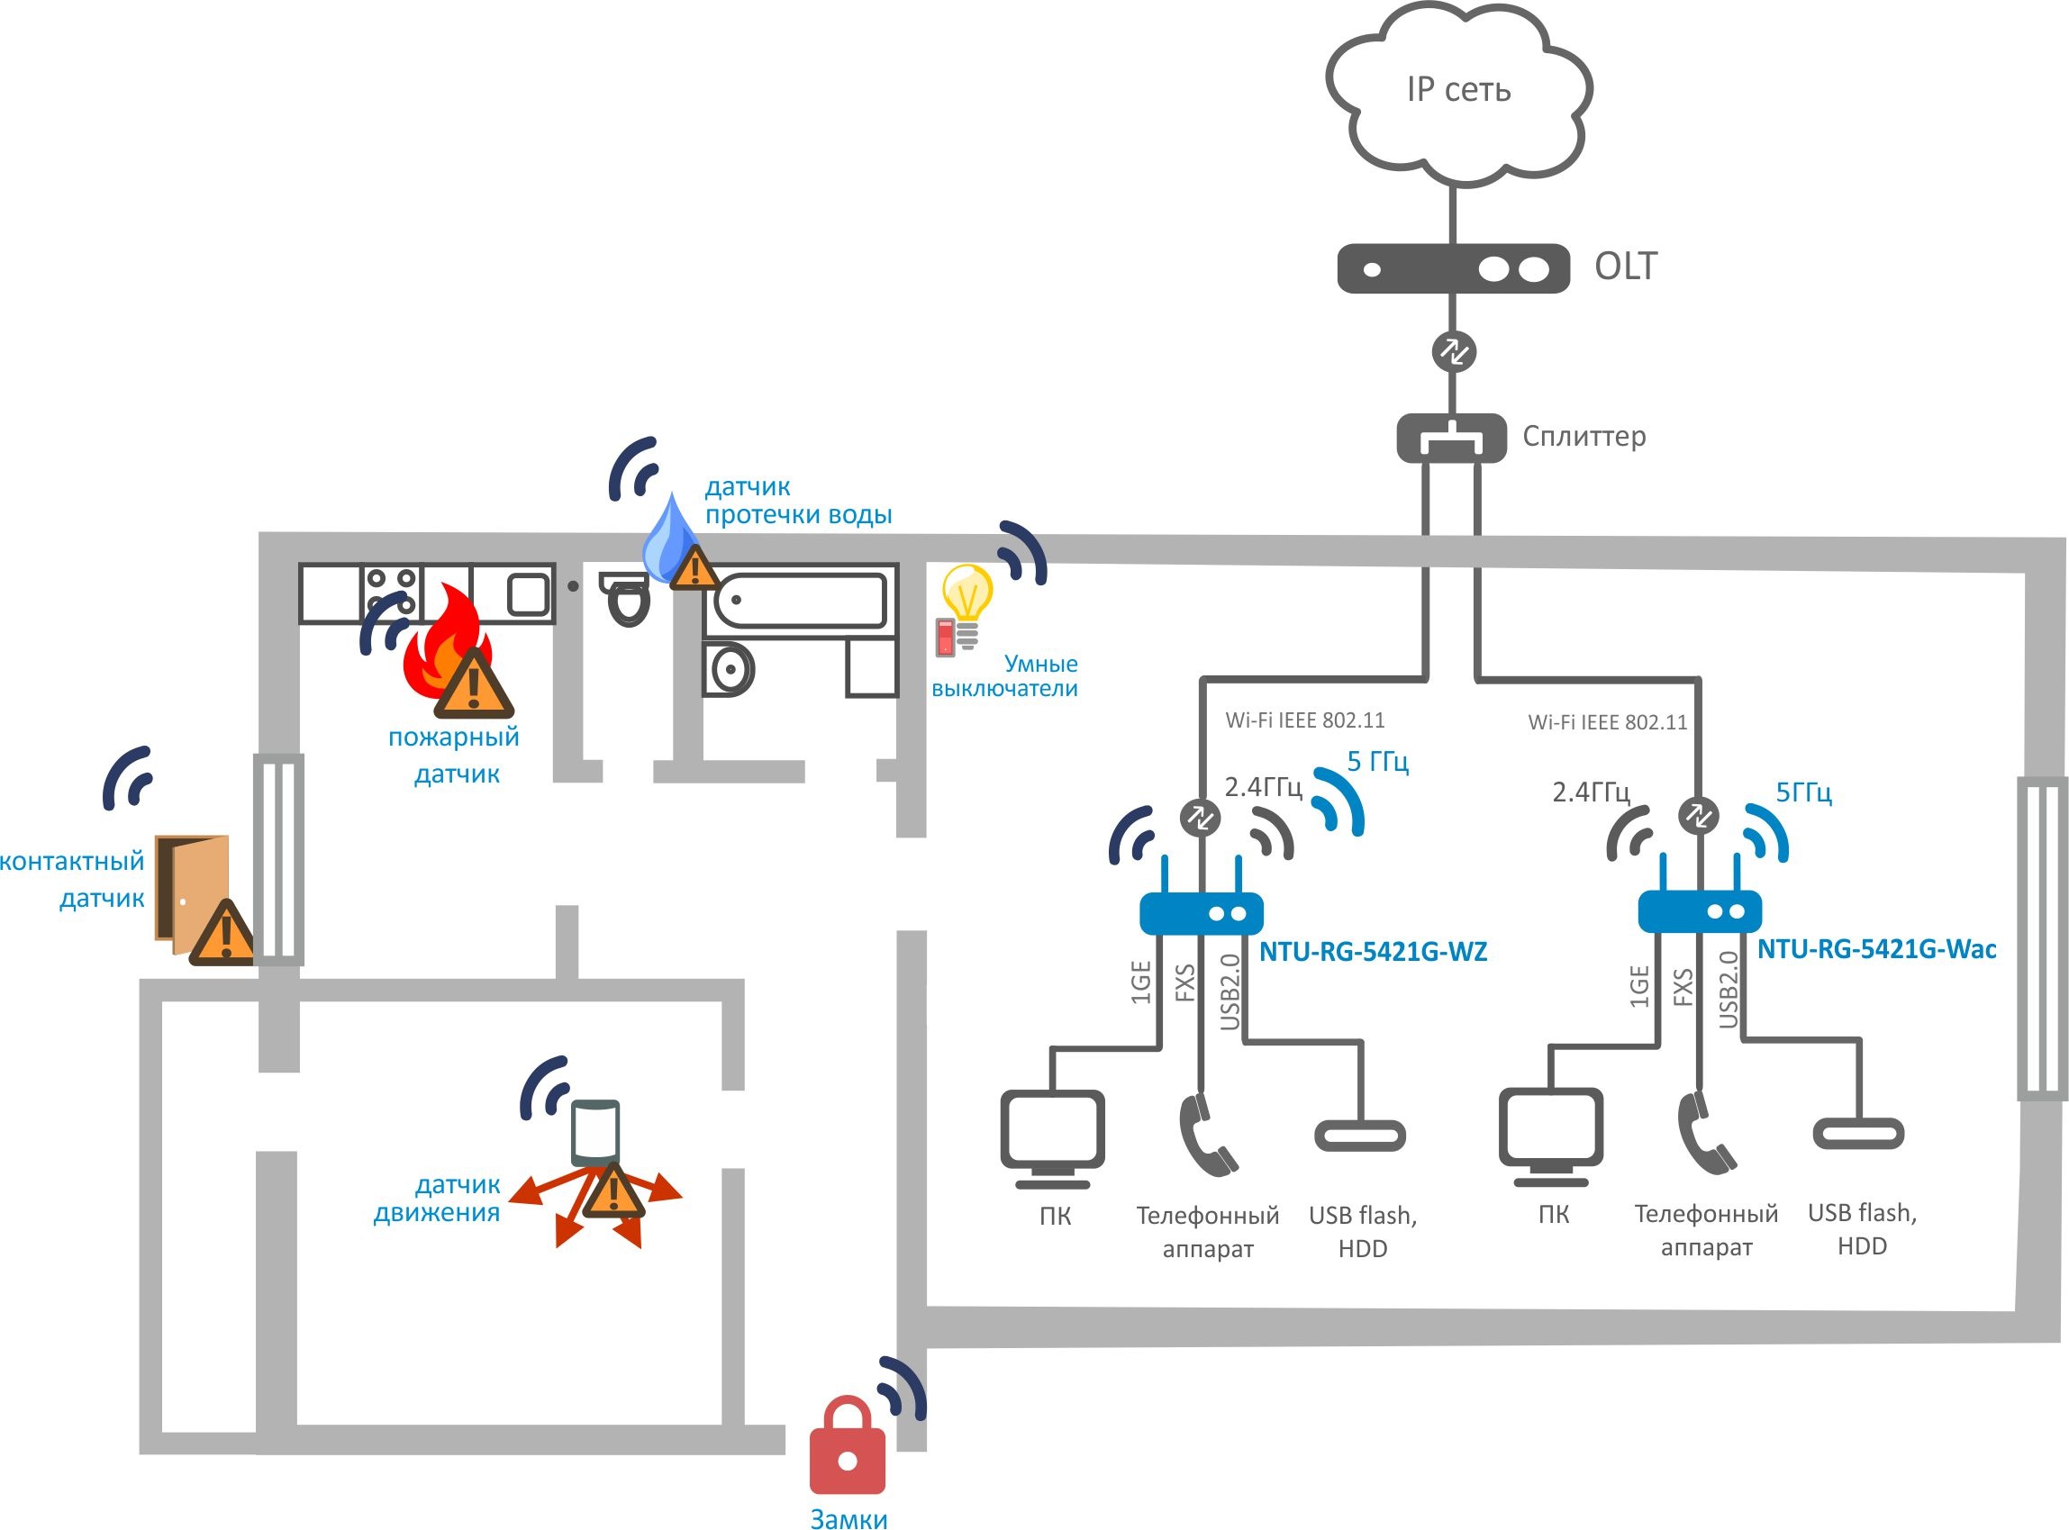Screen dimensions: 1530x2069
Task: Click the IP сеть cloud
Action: coord(1457,93)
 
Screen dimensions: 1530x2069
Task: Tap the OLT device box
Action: coord(1452,268)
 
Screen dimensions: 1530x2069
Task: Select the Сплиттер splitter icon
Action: coord(1450,438)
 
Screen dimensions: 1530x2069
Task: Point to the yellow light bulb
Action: coord(966,593)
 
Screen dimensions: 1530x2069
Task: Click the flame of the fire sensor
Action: coord(445,648)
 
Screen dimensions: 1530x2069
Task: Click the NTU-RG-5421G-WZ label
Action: coord(1373,952)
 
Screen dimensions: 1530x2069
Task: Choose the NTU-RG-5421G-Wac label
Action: coord(1876,949)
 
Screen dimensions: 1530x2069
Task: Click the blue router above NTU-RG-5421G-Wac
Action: coord(1700,911)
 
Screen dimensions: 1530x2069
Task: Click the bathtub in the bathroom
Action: coord(800,600)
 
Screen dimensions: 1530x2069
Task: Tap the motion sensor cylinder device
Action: coord(594,1133)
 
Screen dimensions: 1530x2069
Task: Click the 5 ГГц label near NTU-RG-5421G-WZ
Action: coord(1377,762)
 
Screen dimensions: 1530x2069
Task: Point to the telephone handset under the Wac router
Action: coord(1704,1135)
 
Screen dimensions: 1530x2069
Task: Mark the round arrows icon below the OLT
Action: coord(1452,352)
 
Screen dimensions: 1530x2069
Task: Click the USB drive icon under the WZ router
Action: coord(1359,1136)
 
